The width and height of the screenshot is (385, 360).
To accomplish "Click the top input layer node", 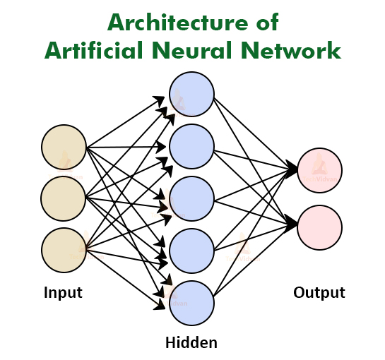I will click(64, 147).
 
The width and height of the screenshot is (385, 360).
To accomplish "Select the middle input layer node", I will click(64, 198).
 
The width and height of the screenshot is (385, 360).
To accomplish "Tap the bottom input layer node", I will click(64, 250).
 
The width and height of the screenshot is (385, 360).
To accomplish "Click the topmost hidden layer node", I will click(191, 95).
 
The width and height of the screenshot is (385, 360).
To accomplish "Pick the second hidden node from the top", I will click(191, 146).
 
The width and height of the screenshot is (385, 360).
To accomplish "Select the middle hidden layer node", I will click(191, 198).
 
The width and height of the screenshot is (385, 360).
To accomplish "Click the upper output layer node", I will click(319, 170).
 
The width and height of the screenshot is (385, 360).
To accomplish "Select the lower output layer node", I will click(319, 227).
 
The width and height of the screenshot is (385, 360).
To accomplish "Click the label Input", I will click(63, 292).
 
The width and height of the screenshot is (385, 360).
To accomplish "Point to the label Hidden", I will click(191, 343).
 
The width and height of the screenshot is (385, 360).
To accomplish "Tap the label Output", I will click(319, 292).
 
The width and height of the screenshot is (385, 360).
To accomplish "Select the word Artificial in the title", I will click(88, 51).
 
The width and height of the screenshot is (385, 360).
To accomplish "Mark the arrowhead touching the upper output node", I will click(293, 169).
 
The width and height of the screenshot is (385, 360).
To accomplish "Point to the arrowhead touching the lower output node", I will click(293, 226).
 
